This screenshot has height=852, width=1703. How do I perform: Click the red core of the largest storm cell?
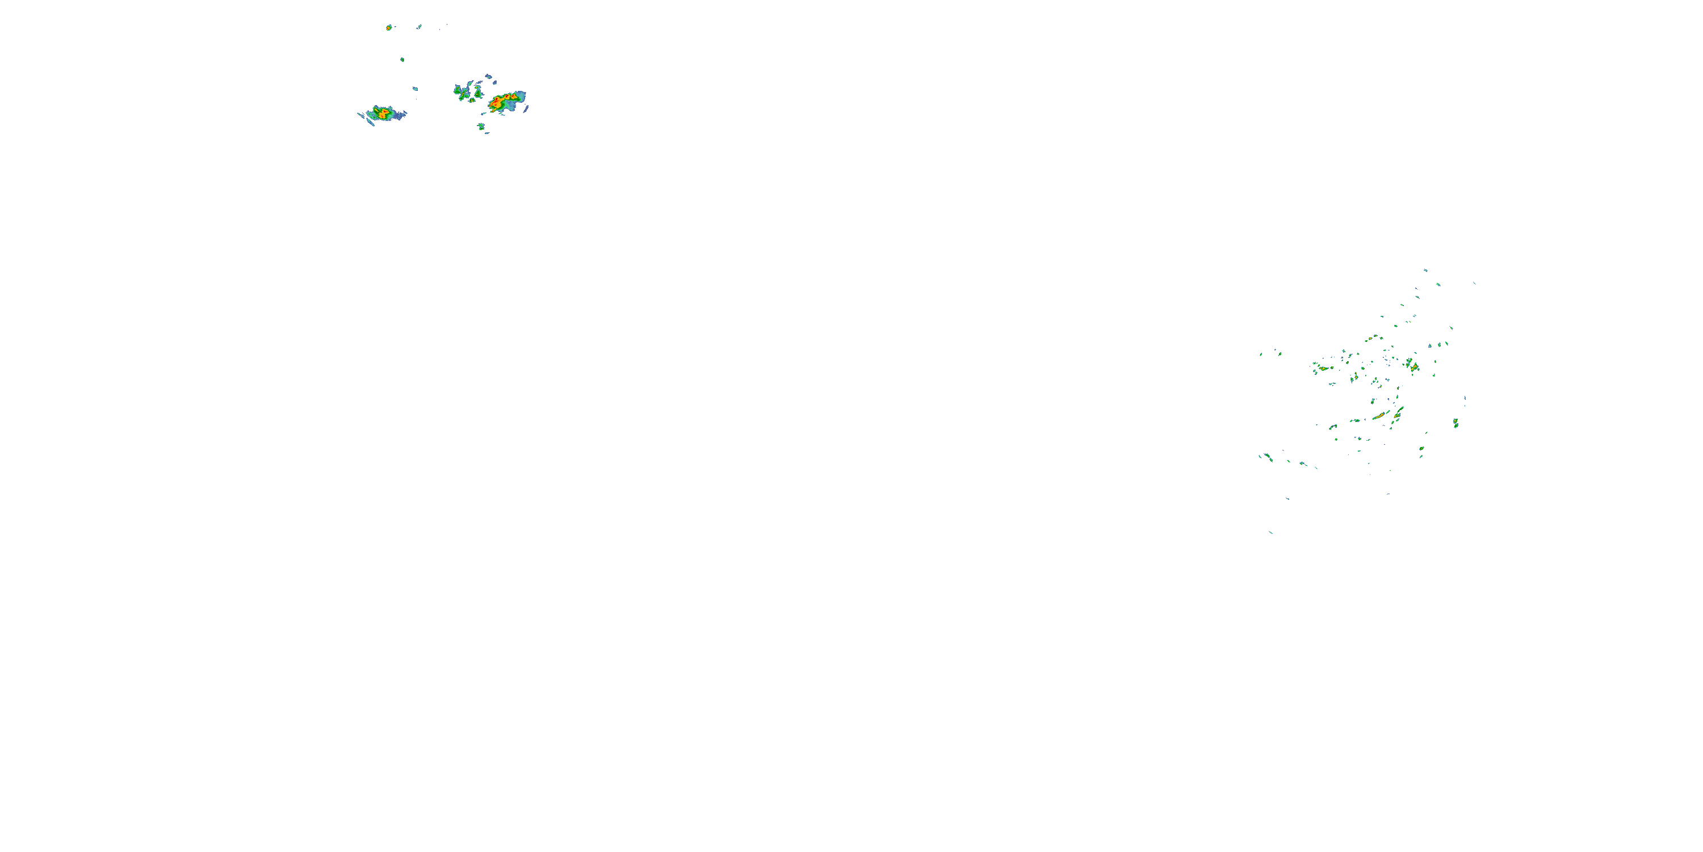pos(497,103)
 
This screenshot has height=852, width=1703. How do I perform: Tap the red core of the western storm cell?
pos(381,114)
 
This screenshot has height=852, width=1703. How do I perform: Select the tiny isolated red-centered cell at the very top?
pos(389,28)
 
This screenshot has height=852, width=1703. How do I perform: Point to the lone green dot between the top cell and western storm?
pos(402,60)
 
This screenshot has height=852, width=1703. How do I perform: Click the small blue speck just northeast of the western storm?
pos(415,89)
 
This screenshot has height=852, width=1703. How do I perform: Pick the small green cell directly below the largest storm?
pos(481,126)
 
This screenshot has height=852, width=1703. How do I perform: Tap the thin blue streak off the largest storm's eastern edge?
pos(526,108)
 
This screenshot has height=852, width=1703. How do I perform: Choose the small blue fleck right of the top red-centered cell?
pos(419,27)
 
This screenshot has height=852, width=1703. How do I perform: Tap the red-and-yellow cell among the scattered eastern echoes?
pos(1413,365)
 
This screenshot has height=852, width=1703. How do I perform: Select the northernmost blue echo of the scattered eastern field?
pos(1425,270)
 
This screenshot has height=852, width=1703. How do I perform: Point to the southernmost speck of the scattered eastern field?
pos(1270,532)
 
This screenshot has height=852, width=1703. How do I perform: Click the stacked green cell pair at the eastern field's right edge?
pos(1455,422)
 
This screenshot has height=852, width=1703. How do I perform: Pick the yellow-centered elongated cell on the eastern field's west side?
pos(1322,368)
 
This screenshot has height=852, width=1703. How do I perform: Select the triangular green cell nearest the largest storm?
pos(477,93)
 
